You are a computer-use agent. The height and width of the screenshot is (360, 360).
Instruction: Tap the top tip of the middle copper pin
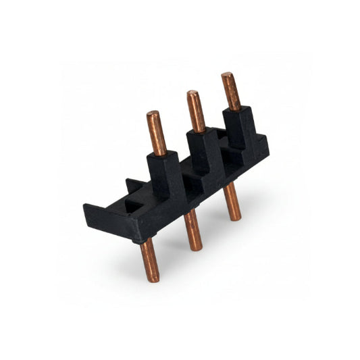click(192, 93)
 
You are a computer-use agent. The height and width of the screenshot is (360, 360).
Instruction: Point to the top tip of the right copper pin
click(227, 75)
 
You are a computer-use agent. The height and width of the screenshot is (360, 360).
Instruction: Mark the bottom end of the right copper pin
click(234, 217)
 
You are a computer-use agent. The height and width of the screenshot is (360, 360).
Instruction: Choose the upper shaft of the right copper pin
click(231, 92)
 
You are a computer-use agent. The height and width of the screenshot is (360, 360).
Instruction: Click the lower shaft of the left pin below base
click(150, 260)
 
